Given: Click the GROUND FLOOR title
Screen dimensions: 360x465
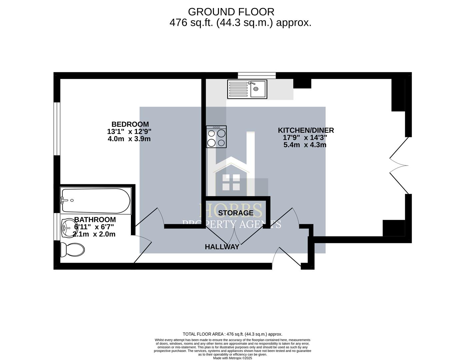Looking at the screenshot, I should (231, 12).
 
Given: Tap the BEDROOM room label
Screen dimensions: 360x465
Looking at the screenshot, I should (130, 124).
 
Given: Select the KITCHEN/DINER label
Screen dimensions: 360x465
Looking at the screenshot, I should (306, 130).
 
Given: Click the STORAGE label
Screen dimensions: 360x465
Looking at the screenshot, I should (236, 213).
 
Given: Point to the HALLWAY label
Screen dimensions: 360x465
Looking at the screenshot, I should (222, 247).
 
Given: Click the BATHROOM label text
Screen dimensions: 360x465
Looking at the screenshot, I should (95, 220).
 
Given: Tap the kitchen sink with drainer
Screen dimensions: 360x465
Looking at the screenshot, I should (247, 89).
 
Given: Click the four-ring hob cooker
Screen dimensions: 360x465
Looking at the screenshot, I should (216, 137).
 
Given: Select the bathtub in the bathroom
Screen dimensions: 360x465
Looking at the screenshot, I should (95, 201).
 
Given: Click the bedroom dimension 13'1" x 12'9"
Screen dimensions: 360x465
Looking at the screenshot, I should (129, 132).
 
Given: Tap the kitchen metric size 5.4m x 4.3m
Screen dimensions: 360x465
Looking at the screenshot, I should (305, 145).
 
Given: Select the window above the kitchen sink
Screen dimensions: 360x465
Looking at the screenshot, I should (257, 75).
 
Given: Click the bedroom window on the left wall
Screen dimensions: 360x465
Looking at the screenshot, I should (57, 129).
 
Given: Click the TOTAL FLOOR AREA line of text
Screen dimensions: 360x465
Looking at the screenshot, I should (232, 334).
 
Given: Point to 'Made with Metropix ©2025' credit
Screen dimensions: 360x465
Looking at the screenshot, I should (232, 358).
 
